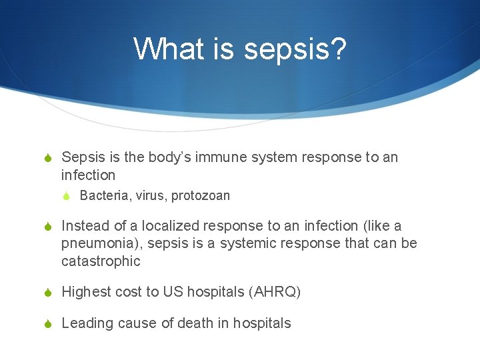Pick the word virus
[x=151, y=195]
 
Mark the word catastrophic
[x=101, y=261]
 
